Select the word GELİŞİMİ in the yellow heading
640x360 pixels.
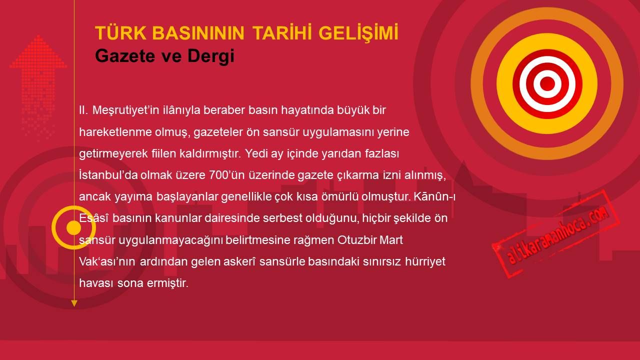(x=358, y=32)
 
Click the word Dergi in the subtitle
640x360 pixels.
(x=211, y=56)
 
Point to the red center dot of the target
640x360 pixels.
(x=547, y=83)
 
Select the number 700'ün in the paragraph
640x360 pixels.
(x=227, y=175)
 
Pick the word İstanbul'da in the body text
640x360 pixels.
(x=108, y=175)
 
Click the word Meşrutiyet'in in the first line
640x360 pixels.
(x=125, y=110)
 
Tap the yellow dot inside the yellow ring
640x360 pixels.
(x=73, y=227)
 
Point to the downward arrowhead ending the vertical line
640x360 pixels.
(x=74, y=303)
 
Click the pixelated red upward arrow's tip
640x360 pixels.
(x=38, y=35)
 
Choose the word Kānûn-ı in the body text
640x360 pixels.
(x=434, y=196)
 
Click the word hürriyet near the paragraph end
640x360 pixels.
(x=425, y=262)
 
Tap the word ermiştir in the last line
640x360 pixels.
(x=167, y=283)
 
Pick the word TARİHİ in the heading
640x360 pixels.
(x=281, y=32)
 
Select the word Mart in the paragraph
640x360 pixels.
(x=391, y=240)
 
